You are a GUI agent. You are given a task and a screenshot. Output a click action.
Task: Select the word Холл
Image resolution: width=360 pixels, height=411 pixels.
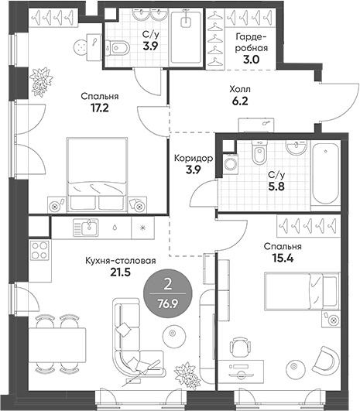tap(240, 89)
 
